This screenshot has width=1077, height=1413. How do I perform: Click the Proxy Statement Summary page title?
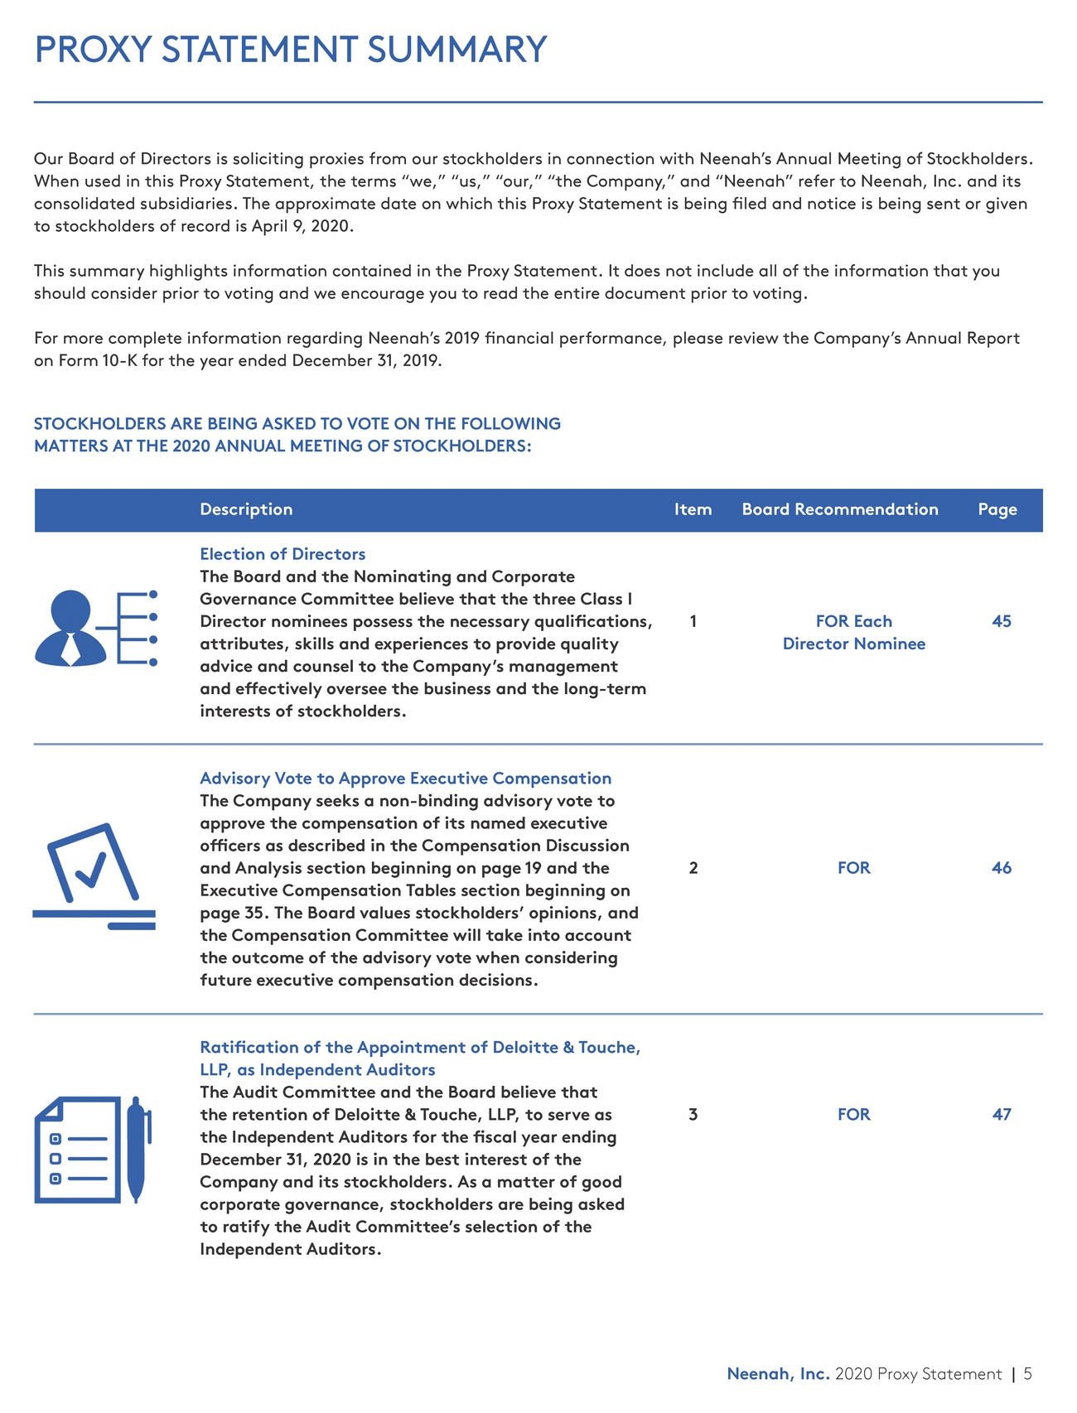coord(291,50)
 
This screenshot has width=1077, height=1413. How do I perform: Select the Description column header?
coord(246,509)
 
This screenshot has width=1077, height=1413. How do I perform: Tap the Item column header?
coord(693,509)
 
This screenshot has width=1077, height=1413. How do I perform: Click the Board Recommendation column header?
coord(839,509)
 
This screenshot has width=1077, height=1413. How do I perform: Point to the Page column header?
coord(997,509)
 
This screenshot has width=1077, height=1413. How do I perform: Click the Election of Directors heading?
coord(283,554)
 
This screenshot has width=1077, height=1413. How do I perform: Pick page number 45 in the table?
coord(1001,621)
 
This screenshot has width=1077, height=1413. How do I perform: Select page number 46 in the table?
coord(1001,868)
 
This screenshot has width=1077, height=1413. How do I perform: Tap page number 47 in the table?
coord(1001,1114)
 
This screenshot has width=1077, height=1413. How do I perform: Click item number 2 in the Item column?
coord(693,868)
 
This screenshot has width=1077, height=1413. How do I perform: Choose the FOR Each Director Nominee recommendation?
coord(853,632)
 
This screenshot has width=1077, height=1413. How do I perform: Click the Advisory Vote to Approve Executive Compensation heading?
coord(405,779)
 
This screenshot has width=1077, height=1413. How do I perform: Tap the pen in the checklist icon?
coord(138,1150)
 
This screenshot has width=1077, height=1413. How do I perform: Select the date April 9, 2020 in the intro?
coord(302,226)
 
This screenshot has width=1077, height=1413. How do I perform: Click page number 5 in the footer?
coord(1027,1374)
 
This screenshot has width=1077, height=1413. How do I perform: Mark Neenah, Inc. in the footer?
coord(778,1374)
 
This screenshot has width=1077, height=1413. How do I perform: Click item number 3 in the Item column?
coord(693,1114)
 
